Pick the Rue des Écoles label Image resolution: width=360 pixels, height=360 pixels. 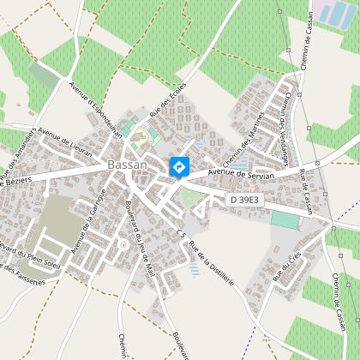(x=169, y=110)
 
